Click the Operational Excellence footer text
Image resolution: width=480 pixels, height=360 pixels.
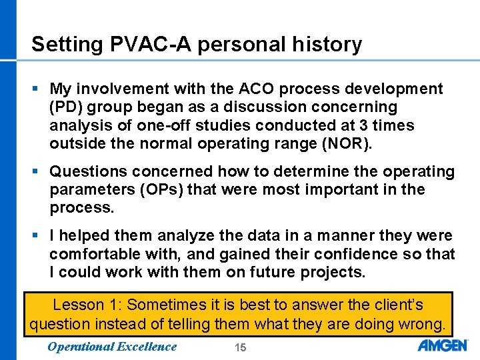112,346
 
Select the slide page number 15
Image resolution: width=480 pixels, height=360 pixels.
240,347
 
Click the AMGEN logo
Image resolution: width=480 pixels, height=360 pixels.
443,345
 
